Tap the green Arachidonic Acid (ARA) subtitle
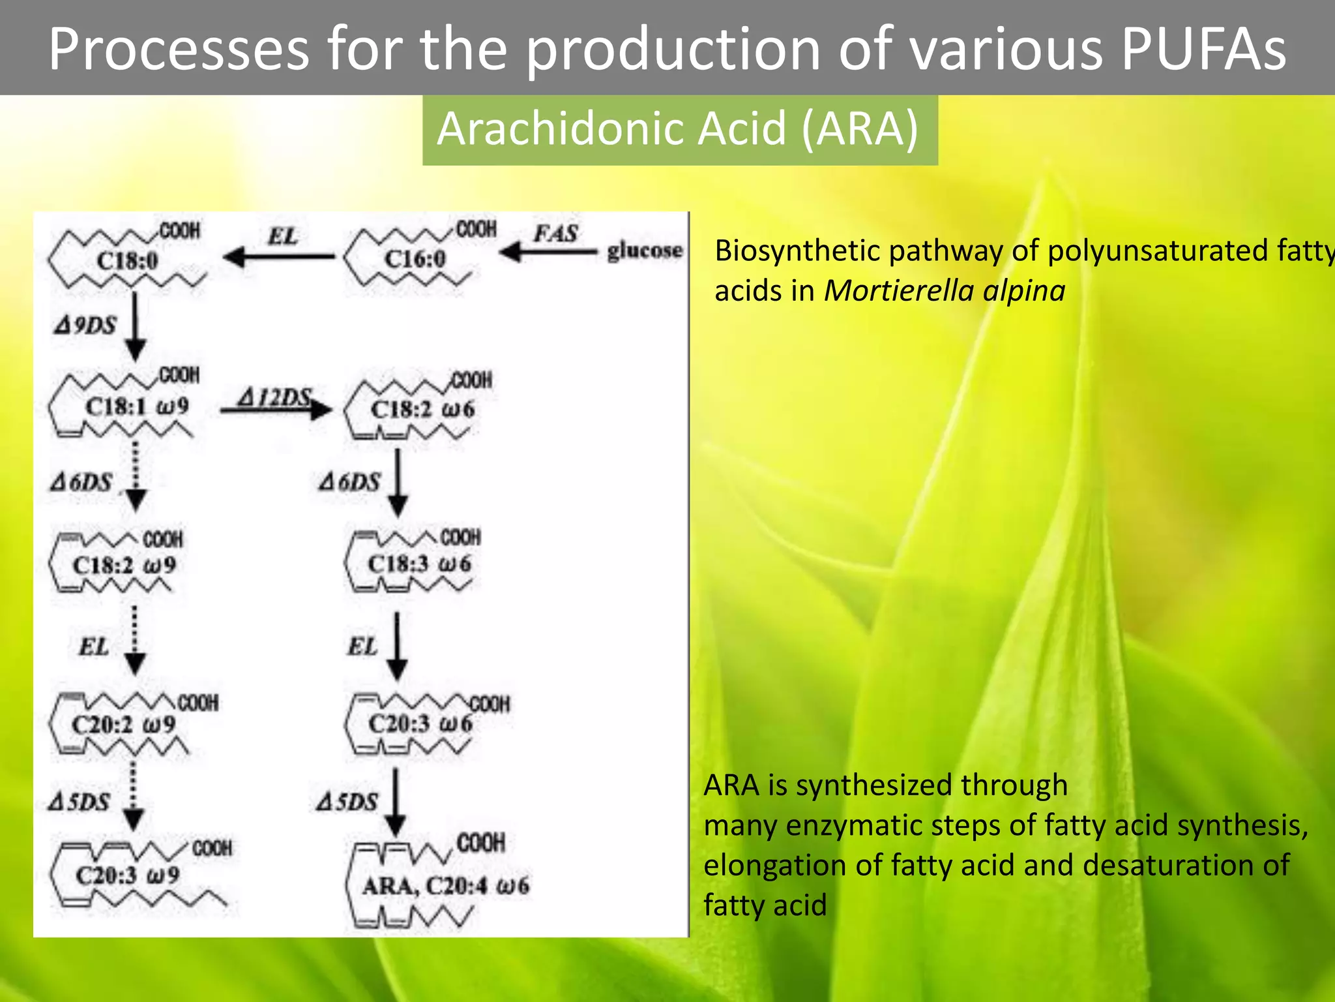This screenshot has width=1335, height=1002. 678,129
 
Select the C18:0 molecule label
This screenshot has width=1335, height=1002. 128,261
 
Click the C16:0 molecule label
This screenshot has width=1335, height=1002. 415,259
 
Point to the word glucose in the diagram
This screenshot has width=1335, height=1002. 645,250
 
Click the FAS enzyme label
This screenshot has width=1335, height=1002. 555,234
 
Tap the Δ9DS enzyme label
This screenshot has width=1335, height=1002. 85,325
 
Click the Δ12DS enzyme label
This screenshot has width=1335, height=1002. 274,397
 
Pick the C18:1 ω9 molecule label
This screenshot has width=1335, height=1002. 137,407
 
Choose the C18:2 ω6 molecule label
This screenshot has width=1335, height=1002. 422,410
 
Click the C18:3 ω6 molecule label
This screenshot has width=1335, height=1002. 419,564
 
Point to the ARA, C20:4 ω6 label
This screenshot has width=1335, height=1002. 446,886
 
